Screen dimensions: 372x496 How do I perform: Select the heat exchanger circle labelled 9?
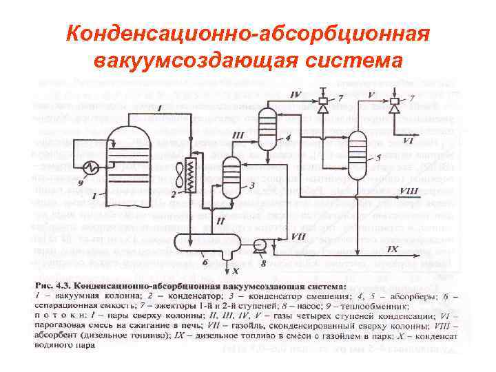[90, 167]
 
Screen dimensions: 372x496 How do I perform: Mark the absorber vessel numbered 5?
[356, 146]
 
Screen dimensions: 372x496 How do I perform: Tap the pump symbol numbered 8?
[260, 245]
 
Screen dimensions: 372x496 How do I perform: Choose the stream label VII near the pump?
[298, 236]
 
